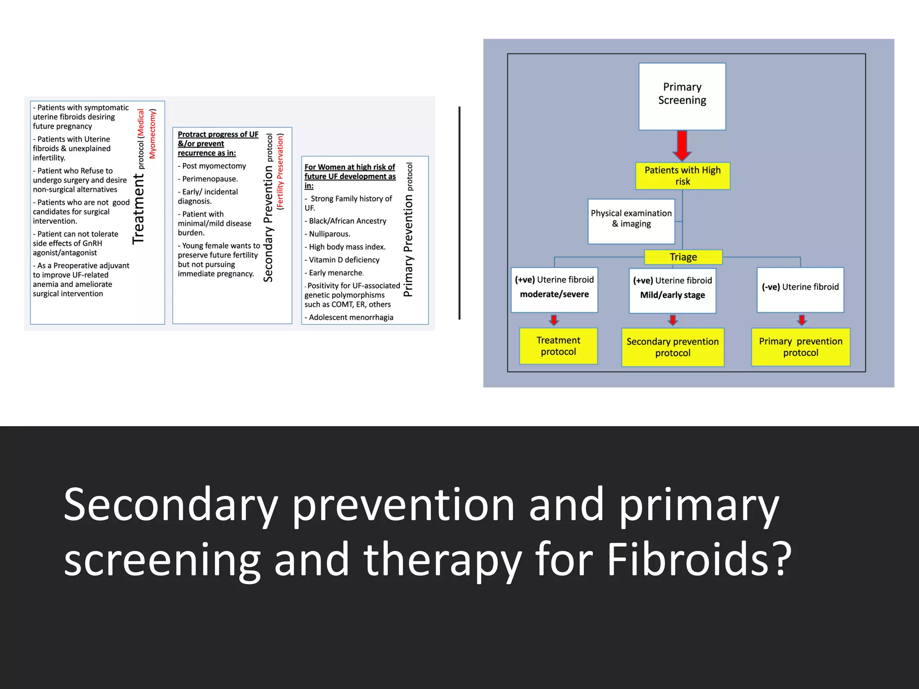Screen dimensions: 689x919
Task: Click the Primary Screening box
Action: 682,96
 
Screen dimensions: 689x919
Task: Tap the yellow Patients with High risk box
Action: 683,176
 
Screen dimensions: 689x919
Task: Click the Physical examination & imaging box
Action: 631,221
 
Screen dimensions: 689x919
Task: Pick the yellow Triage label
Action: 683,257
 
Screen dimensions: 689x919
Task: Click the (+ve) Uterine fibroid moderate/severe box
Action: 554,289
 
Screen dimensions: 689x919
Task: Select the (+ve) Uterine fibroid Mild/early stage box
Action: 672,290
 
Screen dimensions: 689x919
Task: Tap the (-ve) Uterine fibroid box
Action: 800,289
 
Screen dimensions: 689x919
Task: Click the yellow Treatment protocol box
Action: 558,346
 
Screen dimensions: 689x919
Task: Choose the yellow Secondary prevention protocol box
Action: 672,347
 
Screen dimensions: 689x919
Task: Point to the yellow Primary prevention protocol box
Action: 801,347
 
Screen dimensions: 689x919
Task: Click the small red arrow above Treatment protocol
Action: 554,320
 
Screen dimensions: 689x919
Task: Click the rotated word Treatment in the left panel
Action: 139,209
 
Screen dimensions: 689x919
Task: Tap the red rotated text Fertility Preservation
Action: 280,172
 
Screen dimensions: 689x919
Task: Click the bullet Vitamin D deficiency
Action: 344,260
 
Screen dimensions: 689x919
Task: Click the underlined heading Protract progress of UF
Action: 218,134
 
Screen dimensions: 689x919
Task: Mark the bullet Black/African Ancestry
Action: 347,221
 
